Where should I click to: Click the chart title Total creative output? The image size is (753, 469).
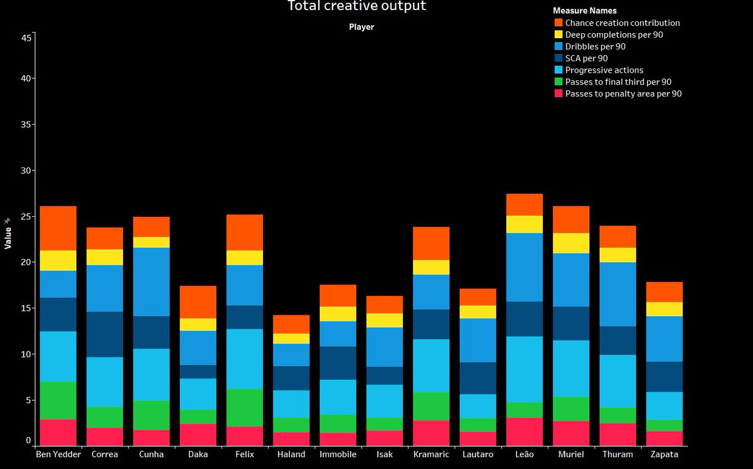pyautogui.click(x=356, y=6)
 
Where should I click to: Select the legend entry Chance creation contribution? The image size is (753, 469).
pyautogui.click(x=622, y=23)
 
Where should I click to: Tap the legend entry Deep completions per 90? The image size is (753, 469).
pyautogui.click(x=614, y=34)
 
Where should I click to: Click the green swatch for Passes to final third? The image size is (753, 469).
pyautogui.click(x=558, y=82)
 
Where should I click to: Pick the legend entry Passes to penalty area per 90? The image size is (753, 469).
pyautogui.click(x=623, y=93)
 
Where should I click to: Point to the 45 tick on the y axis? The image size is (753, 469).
pyautogui.click(x=26, y=38)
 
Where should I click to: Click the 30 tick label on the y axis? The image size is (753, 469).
pyautogui.click(x=26, y=171)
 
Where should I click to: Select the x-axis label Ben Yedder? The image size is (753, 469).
pyautogui.click(x=58, y=455)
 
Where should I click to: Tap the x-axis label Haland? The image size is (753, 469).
pyautogui.click(x=291, y=455)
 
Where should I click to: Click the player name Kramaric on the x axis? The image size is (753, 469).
pyautogui.click(x=431, y=455)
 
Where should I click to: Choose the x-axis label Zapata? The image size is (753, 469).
pyautogui.click(x=665, y=455)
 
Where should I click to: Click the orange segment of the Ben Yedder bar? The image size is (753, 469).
pyautogui.click(x=58, y=228)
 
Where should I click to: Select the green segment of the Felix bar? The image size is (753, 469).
pyautogui.click(x=245, y=408)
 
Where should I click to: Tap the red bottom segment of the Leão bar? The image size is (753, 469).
pyautogui.click(x=525, y=431)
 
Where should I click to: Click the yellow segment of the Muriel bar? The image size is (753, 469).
pyautogui.click(x=571, y=243)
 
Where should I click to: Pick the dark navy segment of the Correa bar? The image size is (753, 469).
pyautogui.click(x=105, y=334)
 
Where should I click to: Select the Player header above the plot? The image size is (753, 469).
pyautogui.click(x=361, y=27)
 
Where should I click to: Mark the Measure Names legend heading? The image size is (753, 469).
pyautogui.click(x=584, y=11)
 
